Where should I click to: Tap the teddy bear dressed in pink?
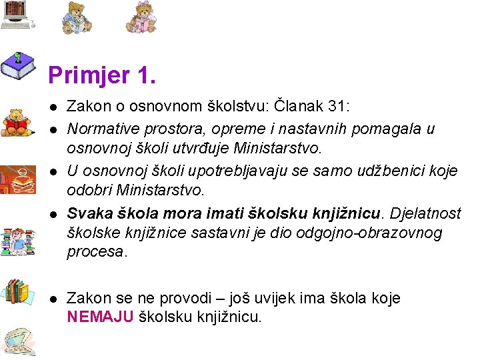(141, 17)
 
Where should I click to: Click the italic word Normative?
(102, 128)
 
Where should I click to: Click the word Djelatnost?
(425, 213)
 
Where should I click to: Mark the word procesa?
(96, 252)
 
